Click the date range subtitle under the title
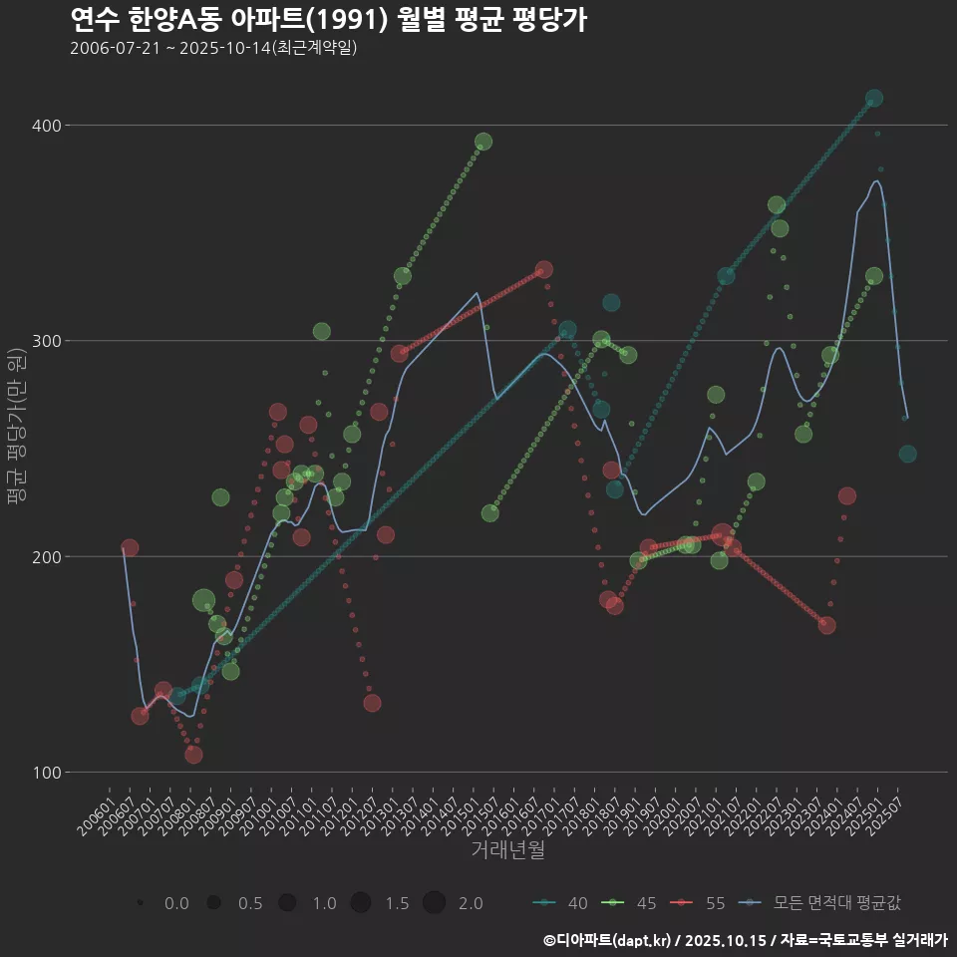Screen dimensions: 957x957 coord(213,48)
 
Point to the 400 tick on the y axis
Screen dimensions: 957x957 coord(48,126)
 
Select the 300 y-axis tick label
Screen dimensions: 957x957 coord(48,341)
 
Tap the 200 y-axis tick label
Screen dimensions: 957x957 coord(48,556)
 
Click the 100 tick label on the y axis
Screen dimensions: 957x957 coord(48,773)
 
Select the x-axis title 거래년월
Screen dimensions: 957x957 coord(507,850)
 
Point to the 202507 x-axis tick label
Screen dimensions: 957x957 coord(887,820)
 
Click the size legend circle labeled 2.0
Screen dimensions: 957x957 coord(434,903)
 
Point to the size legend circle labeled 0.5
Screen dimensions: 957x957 coord(213,903)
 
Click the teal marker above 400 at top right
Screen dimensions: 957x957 coord(874,98)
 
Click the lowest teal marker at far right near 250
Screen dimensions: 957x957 coord(907,454)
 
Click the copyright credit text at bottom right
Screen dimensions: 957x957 coord(745,940)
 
